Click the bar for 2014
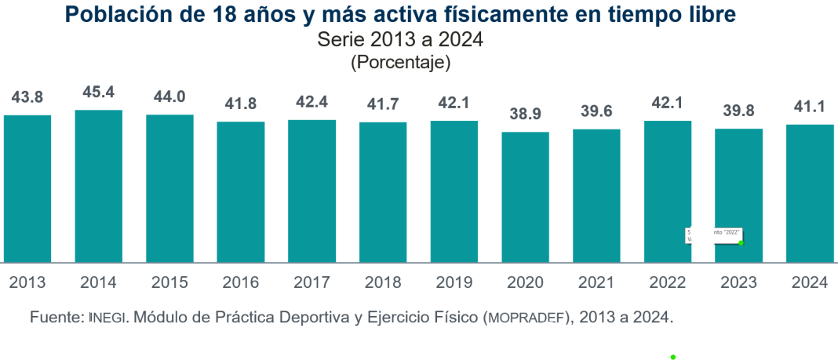pyautogui.click(x=98, y=186)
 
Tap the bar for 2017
pyautogui.click(x=312, y=191)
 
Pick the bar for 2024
pyautogui.click(x=810, y=193)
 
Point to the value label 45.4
pyautogui.click(x=98, y=93)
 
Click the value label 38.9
pyautogui.click(x=525, y=115)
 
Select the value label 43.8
pyautogui.click(x=27, y=97)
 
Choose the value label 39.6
pyautogui.click(x=596, y=111)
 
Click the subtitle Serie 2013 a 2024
pyautogui.click(x=399, y=40)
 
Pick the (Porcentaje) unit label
pyautogui.click(x=399, y=62)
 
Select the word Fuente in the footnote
pyautogui.click(x=55, y=318)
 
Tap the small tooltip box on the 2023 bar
pyautogui.click(x=713, y=235)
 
